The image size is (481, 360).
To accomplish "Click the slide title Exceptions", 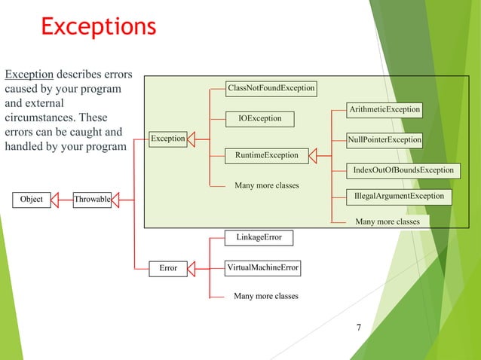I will pos(98,26).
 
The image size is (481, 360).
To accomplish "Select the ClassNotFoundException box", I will pos(271,88).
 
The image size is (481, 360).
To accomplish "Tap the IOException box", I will pos(260,118).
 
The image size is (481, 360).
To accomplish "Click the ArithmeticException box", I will pos(384,110).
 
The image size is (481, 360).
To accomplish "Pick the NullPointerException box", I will pos(384,140).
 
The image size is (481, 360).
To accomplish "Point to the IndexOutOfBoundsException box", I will pos(403,170).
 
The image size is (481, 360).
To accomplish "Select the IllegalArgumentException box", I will pos(399,197).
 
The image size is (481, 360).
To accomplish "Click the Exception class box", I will pos(167,139).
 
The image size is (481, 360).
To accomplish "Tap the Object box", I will pos(31,200).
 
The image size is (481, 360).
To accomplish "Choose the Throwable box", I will pos(92,200).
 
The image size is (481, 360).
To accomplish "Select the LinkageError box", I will pos(259,237).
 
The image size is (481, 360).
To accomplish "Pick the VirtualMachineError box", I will pos(263,267).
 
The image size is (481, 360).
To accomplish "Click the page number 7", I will pos(358,328).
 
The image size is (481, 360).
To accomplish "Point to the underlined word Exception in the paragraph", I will pos(29,75).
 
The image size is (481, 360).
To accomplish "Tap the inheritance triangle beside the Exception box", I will pos(191,139).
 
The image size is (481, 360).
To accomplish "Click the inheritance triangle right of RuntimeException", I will pos(314,155).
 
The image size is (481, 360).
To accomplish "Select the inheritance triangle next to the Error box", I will pos(191,267).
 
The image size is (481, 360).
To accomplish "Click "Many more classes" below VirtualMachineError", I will pos(266,296).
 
